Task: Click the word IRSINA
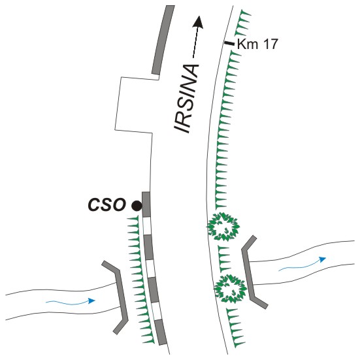pos(186,99)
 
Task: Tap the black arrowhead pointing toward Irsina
pos(199,22)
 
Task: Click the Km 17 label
pos(257,44)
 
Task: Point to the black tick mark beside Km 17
pos(229,43)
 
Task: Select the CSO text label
pos(106,205)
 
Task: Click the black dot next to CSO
pos(137,206)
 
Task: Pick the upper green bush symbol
pos(223,226)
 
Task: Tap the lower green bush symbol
pos(230,289)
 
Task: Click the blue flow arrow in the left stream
pos(71,303)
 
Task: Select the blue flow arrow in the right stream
pos(302,265)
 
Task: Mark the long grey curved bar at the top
pos(163,39)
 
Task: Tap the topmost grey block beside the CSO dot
pos(146,205)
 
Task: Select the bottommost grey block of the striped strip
pos(161,332)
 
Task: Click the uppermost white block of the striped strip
pos(147,226)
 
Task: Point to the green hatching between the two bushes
pos(223,258)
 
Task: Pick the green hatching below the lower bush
pos(236,328)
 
